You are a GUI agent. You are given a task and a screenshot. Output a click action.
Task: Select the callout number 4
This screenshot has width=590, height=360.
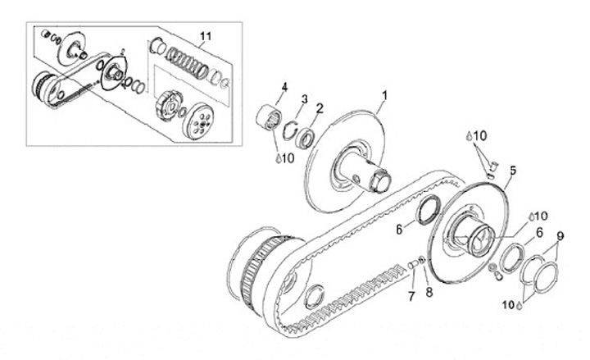285,86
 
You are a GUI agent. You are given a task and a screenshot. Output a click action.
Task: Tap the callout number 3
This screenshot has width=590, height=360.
304,99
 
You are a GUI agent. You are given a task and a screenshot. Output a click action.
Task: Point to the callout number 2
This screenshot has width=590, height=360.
320,107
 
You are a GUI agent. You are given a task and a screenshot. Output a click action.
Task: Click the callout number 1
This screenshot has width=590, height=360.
384,96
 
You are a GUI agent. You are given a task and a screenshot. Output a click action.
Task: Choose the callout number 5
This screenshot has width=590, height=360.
512,171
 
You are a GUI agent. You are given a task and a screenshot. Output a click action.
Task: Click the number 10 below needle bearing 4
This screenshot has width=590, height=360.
288,157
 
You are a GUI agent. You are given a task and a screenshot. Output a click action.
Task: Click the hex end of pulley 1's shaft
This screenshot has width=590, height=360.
379,178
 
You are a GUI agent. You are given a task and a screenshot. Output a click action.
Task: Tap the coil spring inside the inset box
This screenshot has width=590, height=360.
185,62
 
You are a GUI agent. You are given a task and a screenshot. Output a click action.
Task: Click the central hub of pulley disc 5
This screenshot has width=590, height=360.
474,233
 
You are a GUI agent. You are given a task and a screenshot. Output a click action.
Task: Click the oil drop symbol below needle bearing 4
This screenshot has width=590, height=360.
278,157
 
